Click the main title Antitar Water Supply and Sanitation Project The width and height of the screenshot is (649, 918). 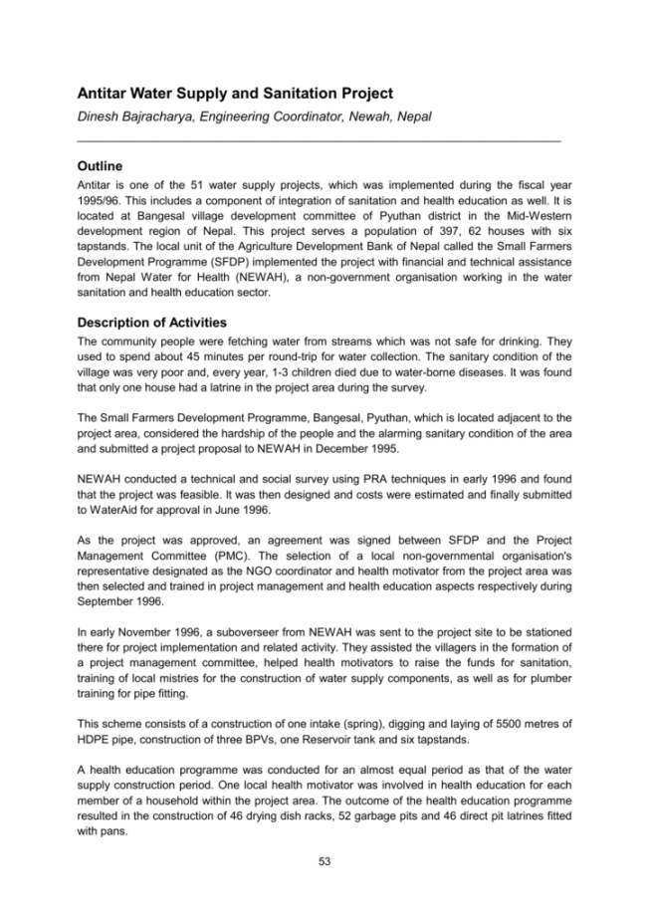(x=235, y=94)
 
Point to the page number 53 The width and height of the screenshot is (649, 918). (x=324, y=861)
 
